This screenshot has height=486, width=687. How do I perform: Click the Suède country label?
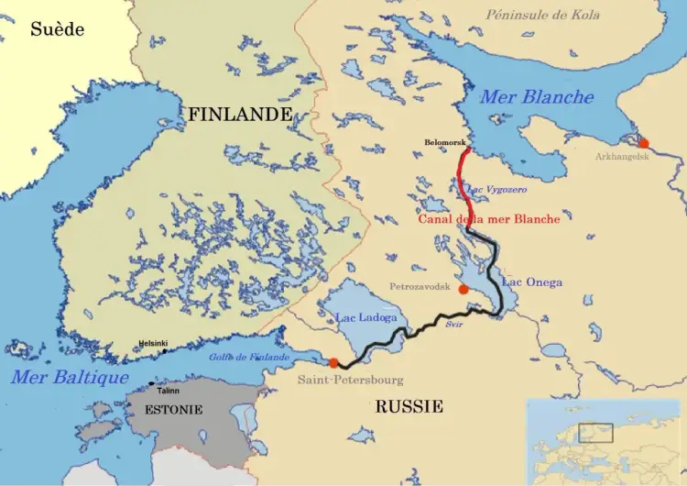coord(57,29)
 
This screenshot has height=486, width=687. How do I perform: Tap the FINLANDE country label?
coord(240,115)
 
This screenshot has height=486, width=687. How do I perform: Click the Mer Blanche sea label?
coord(537,97)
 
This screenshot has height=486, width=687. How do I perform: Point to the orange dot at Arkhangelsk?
coord(644,143)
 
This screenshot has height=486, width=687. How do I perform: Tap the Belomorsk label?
coord(446,143)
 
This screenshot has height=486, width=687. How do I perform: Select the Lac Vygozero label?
coord(497,189)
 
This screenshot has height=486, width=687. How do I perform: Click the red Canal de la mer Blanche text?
coord(488,219)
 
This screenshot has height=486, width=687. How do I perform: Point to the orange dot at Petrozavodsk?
coord(463,289)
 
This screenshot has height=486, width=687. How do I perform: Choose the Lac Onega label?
coord(531,282)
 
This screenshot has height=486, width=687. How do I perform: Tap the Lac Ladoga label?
coord(366,318)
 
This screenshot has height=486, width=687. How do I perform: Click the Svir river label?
coord(454,325)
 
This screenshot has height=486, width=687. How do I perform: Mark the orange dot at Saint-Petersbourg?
coord(333,362)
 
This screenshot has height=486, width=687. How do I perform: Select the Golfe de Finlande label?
coord(249,357)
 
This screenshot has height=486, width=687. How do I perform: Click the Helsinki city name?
coord(152,344)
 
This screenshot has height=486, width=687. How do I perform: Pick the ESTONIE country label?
coord(173,410)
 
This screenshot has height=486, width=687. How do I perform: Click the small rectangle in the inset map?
coord(595,432)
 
